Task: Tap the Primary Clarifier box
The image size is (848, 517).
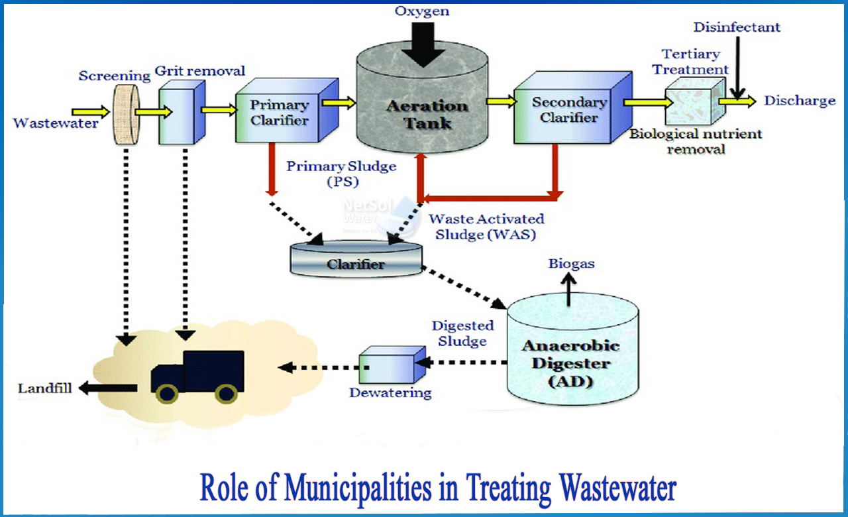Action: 278,113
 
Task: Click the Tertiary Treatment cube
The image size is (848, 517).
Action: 691,101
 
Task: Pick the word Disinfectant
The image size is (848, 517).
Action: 737,27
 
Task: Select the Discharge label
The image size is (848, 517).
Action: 800,101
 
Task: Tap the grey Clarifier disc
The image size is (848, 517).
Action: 356,261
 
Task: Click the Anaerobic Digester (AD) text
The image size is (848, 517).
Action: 570,363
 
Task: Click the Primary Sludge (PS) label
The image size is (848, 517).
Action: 341,174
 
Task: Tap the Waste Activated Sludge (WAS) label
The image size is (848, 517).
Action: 486,226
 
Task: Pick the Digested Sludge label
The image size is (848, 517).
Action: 462,333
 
